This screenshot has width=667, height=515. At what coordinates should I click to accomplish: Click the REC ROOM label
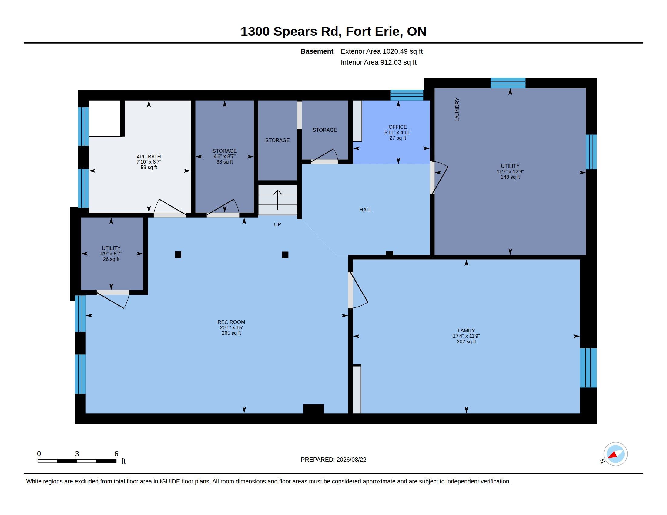[x=231, y=322]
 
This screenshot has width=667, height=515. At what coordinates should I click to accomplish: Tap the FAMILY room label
[x=466, y=331]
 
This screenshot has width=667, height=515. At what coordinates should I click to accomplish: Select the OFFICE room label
[x=398, y=127]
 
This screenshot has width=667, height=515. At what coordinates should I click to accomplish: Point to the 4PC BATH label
[x=149, y=157]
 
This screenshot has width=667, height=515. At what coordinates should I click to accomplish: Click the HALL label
[x=366, y=210]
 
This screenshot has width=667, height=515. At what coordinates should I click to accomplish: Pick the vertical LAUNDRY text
[x=457, y=110]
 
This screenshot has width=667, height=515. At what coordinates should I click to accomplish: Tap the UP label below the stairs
[x=277, y=224]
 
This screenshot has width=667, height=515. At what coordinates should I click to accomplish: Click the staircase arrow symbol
[x=277, y=200]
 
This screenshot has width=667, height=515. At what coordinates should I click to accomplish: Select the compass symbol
[x=615, y=454]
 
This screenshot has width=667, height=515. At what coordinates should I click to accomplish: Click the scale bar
[x=77, y=461]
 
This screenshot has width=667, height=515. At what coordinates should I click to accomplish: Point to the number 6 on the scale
[x=116, y=454]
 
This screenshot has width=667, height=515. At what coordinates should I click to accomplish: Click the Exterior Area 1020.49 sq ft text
[x=381, y=51]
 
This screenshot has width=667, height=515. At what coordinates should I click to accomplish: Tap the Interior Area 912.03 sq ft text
[x=378, y=62]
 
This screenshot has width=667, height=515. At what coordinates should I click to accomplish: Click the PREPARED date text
[x=333, y=460]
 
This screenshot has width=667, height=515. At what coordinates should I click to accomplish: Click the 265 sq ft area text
[x=231, y=333]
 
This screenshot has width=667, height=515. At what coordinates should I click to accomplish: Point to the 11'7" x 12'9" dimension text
[x=510, y=171]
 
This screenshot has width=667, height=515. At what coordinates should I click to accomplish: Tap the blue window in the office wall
[x=407, y=95]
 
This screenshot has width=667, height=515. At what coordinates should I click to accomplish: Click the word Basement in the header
[x=317, y=51]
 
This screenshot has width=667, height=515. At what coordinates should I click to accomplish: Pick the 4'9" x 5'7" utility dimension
[x=111, y=254]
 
